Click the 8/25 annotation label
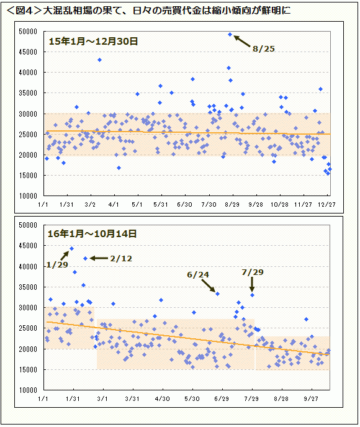click(263, 49)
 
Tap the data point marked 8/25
click(230, 35)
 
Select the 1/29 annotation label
click(57, 264)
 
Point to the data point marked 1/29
click(71, 248)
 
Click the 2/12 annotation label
click(121, 258)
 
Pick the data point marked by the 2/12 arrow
click(85, 258)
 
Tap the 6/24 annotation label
click(198, 275)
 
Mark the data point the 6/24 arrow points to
click(217, 294)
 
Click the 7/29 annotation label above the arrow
click(253, 272)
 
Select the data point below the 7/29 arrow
click(252, 295)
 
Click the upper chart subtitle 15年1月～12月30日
click(93, 42)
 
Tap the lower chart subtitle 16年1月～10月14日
click(92, 233)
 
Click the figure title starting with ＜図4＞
click(148, 11)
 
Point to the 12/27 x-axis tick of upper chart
click(326, 204)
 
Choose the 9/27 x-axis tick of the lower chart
click(311, 398)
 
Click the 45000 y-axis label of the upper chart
click(28, 52)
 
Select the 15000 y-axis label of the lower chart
click(28, 369)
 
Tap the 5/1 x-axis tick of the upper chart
click(137, 204)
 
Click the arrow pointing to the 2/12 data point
click(99, 258)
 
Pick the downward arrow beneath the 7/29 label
click(252, 285)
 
